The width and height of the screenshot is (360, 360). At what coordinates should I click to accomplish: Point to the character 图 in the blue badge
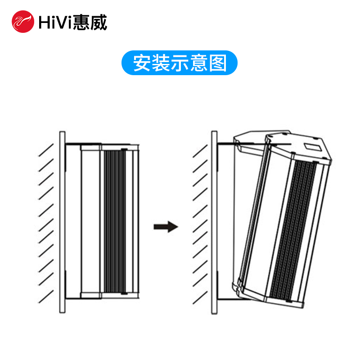218,64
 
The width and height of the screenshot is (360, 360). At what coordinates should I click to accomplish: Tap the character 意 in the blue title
199,64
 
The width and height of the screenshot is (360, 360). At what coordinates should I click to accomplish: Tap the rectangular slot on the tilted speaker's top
314,145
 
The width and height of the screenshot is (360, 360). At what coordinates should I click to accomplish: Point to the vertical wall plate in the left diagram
62,220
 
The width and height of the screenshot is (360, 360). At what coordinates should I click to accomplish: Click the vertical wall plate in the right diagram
214,220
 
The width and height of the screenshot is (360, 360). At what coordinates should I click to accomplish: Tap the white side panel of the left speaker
90,220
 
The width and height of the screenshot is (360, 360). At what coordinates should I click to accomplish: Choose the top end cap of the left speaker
90,147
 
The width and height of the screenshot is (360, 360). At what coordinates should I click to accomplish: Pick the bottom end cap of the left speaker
90,295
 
